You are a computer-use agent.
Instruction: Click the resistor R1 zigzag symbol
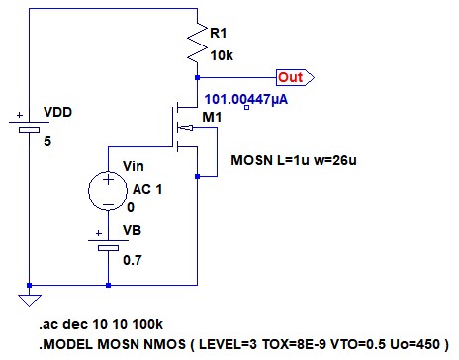pyautogui.click(x=197, y=42)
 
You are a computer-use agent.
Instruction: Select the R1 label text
pyautogui.click(x=219, y=33)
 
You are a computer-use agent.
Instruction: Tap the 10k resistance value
pyautogui.click(x=222, y=55)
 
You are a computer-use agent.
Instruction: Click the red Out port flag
pyautogui.click(x=295, y=78)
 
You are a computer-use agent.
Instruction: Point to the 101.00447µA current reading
pyautogui.click(x=246, y=99)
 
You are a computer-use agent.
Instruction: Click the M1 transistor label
pyautogui.click(x=212, y=117)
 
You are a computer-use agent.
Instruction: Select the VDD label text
pyautogui.click(x=57, y=112)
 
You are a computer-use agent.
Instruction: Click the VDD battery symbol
pyautogui.click(x=29, y=126)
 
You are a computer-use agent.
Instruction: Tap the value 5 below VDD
pyautogui.click(x=47, y=141)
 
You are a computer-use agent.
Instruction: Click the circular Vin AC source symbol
pyautogui.click(x=108, y=191)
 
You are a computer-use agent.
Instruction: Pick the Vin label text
pyautogui.click(x=134, y=166)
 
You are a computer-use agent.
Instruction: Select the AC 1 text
pyautogui.click(x=147, y=189)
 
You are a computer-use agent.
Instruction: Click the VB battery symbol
pyautogui.click(x=108, y=244)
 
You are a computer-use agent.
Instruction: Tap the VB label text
pyautogui.click(x=132, y=230)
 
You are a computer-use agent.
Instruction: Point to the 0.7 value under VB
pyautogui.click(x=133, y=260)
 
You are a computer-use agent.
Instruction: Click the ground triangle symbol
pyautogui.click(x=30, y=300)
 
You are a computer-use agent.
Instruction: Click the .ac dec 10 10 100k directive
pyautogui.click(x=101, y=324)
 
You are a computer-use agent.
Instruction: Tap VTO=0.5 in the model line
pyautogui.click(x=358, y=344)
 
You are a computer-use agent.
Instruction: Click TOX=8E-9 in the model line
pyautogui.click(x=294, y=344)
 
